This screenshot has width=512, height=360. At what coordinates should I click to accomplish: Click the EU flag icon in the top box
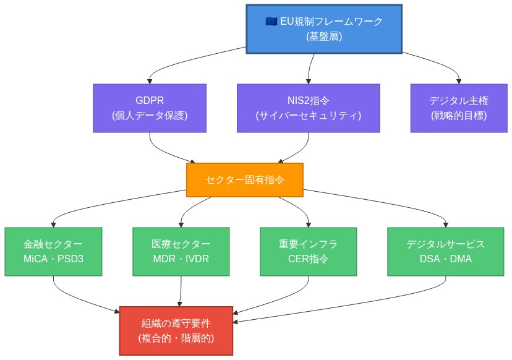271,22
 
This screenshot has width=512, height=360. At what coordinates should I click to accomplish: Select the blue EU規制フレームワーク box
324,29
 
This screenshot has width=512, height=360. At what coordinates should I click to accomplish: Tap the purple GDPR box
150,108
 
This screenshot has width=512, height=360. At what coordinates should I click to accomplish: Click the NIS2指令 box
308,108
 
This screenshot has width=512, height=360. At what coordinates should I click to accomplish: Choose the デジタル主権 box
459,108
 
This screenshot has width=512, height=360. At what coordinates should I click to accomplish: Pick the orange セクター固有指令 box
245,180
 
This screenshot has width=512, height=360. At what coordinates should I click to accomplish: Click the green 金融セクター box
53,251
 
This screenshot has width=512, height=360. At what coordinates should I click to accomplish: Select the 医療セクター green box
181,251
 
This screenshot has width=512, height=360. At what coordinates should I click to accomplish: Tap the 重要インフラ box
308,251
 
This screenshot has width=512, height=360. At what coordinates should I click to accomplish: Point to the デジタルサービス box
445,251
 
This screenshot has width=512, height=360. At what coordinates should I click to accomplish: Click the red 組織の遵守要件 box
176,331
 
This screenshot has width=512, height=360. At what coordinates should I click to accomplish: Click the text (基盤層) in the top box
324,36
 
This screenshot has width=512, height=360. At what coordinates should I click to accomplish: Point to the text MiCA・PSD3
53,259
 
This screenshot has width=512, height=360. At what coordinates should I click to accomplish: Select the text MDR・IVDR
181,259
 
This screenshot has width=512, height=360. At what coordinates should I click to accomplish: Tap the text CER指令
308,259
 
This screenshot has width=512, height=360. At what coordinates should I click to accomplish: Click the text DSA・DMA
445,259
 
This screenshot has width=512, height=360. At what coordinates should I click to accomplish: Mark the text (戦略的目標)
459,115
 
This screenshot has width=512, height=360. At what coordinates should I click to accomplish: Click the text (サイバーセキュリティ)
308,115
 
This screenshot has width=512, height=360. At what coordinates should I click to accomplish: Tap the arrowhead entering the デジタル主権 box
459,80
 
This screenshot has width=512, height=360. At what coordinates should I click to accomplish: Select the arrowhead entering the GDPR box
150,80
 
